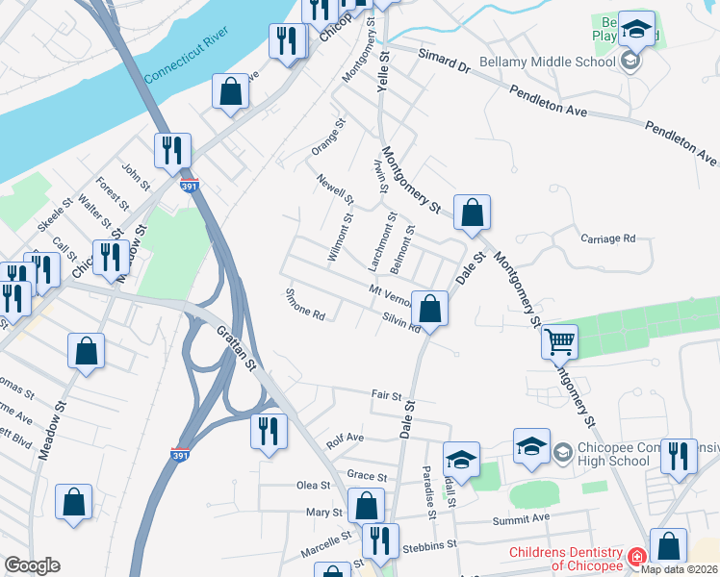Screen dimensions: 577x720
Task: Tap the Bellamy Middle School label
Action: point(553,63)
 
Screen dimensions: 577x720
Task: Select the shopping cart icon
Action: point(559,340)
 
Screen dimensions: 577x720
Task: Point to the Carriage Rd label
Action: point(608,238)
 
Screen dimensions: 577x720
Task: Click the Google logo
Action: point(32,565)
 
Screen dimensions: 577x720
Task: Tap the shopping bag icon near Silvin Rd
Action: point(431,309)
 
